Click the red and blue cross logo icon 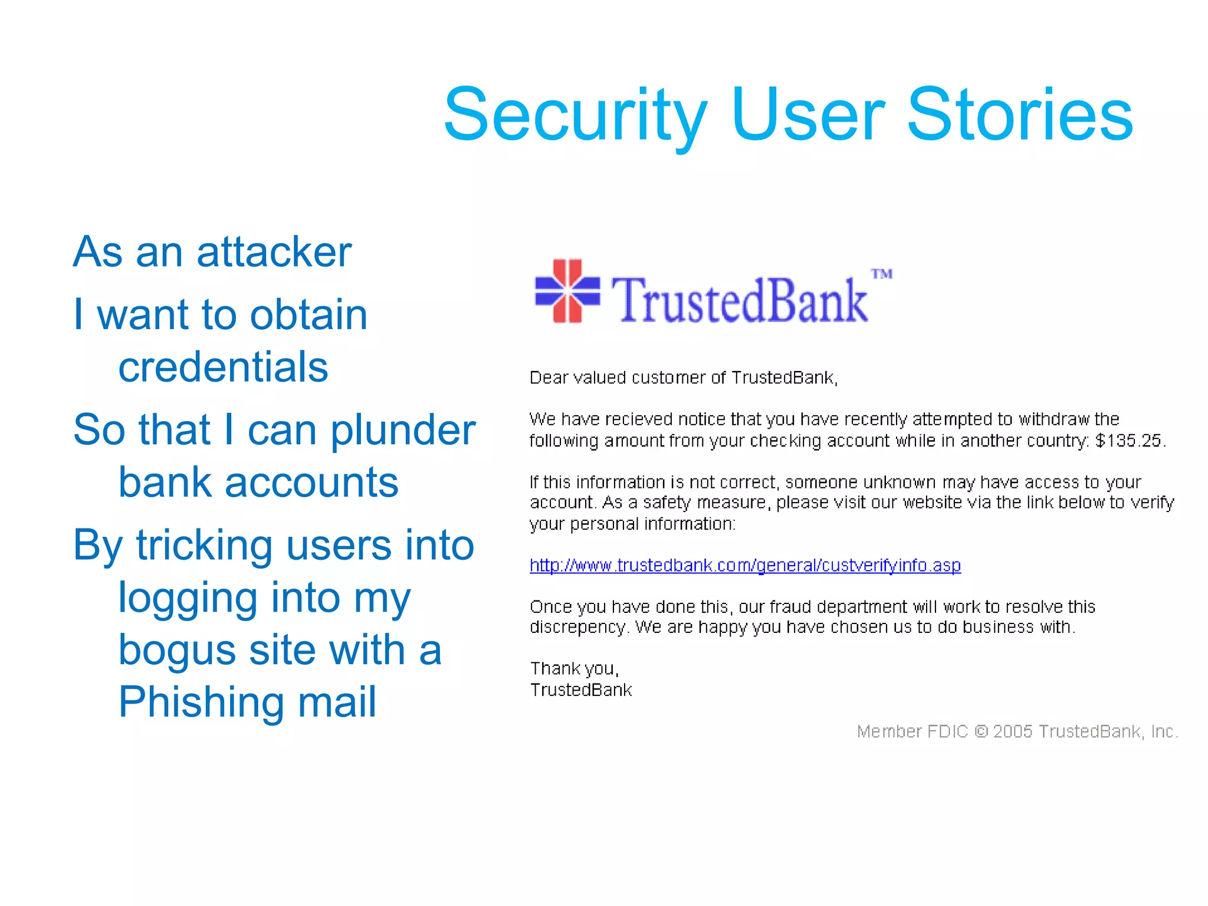[x=567, y=291]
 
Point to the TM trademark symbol [x=882, y=274]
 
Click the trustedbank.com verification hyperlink [x=745, y=565]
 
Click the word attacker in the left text [x=274, y=252]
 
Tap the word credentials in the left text [x=223, y=367]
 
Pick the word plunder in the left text [x=402, y=429]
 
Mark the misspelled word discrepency [x=576, y=627]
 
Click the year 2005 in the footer [x=1012, y=731]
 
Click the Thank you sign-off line [x=574, y=668]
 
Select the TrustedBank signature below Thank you [x=581, y=690]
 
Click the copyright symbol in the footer [x=981, y=731]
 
